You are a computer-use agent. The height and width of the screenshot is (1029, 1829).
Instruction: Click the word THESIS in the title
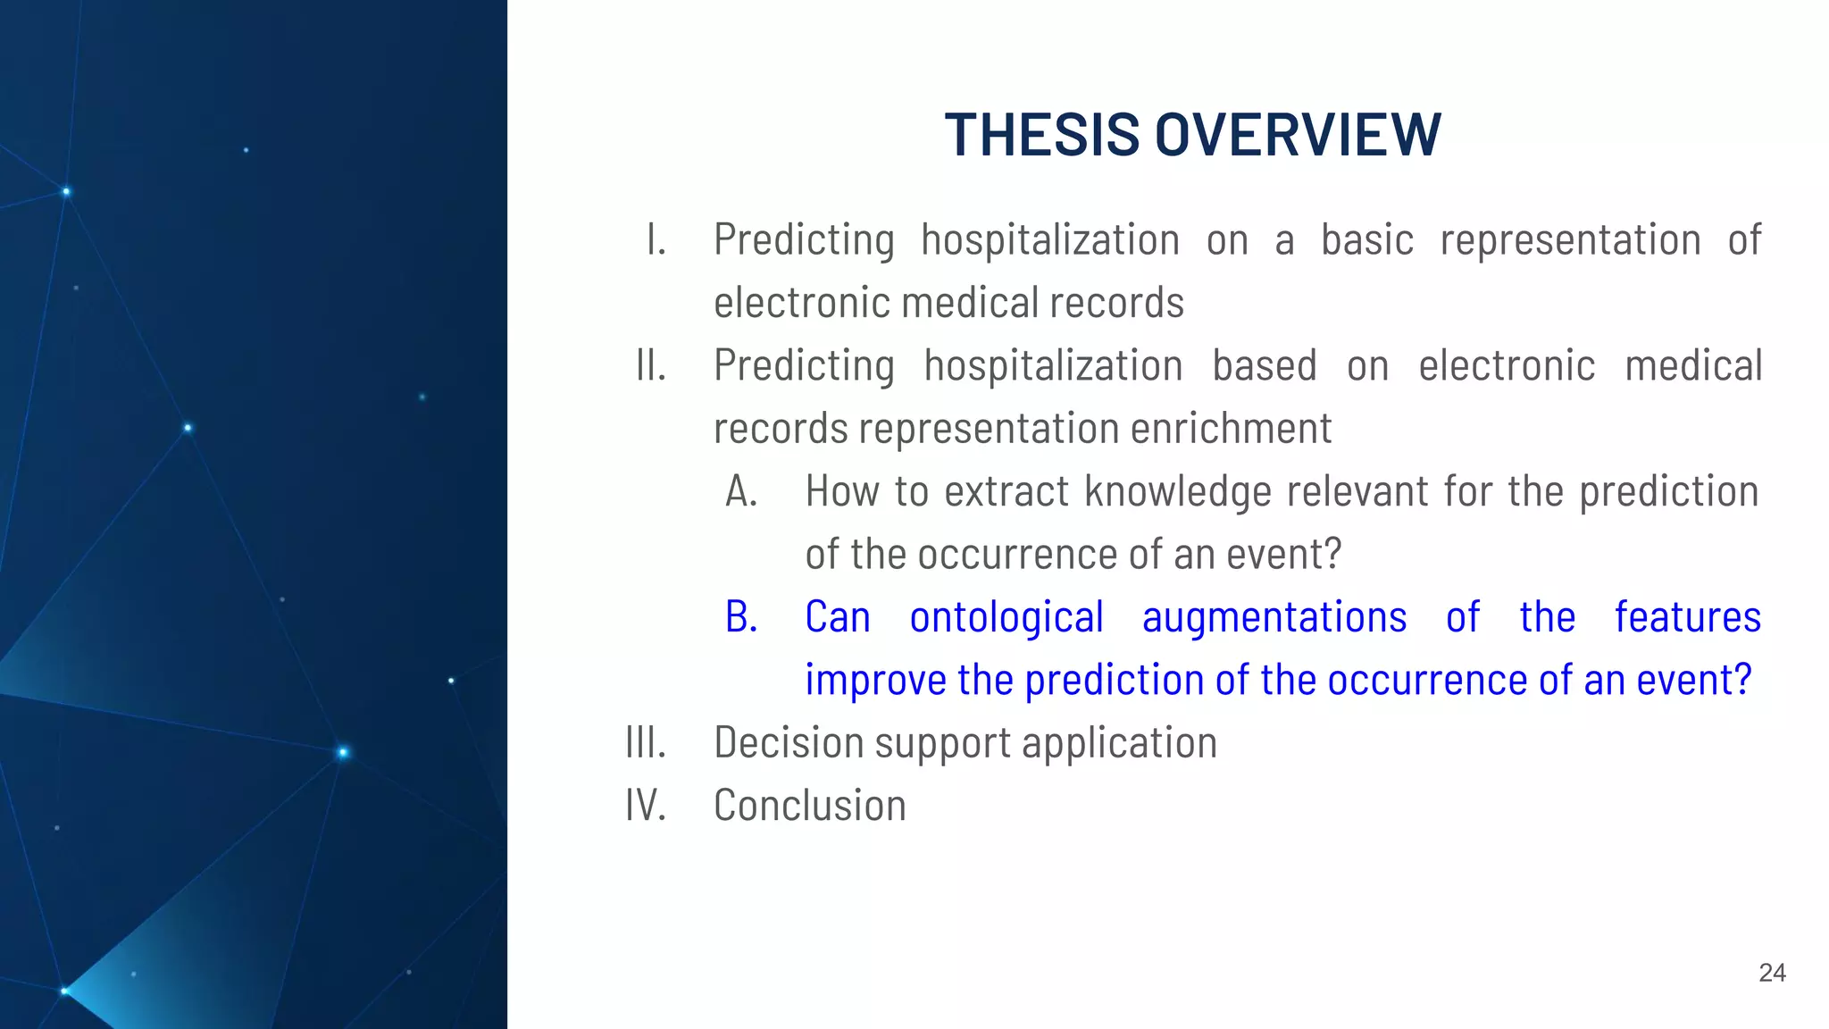pyautogui.click(x=1041, y=135)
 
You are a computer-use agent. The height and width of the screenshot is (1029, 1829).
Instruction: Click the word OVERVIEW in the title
pyautogui.click(x=1298, y=135)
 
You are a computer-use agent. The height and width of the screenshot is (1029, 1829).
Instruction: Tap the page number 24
pyautogui.click(x=1772, y=973)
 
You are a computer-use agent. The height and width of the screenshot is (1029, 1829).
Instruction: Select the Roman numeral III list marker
pyautogui.click(x=646, y=742)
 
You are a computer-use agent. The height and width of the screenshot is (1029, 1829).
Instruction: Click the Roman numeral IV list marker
pyautogui.click(x=646, y=806)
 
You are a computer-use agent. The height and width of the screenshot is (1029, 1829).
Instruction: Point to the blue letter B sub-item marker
pyautogui.click(x=741, y=617)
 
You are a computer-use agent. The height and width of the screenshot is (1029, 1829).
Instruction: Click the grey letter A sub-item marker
pyautogui.click(x=741, y=491)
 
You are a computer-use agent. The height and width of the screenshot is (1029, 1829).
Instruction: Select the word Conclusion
pyautogui.click(x=810, y=806)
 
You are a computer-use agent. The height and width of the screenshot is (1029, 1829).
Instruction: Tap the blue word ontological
pyautogui.click(x=1006, y=617)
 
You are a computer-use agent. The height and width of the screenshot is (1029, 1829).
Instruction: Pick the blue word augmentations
pyautogui.click(x=1274, y=617)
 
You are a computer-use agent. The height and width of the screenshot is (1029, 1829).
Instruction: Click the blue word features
pyautogui.click(x=1687, y=617)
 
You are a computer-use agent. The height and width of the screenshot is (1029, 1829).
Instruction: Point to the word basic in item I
pyautogui.click(x=1366, y=240)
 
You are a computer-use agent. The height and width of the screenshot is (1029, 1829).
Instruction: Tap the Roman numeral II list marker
pyautogui.click(x=651, y=365)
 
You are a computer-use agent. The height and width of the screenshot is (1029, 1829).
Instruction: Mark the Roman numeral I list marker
pyautogui.click(x=656, y=240)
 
